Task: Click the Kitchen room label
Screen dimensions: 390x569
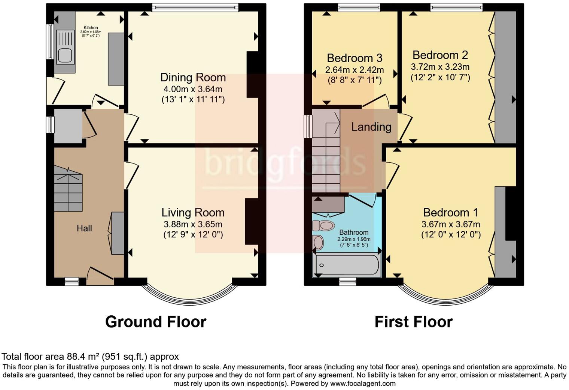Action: (91, 27)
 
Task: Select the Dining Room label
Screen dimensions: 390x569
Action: (193, 78)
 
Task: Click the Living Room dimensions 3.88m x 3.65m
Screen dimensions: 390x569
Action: (193, 224)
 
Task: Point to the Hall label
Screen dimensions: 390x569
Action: (84, 228)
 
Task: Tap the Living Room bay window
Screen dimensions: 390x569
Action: (190, 297)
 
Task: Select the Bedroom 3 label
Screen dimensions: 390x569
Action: (354, 58)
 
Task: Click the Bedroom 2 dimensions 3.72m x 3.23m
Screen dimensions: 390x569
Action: (440, 67)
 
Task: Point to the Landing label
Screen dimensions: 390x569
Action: (371, 127)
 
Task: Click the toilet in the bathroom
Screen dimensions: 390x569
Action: (323, 226)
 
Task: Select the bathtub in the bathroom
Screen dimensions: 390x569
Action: (347, 265)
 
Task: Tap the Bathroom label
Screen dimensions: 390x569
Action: (354, 232)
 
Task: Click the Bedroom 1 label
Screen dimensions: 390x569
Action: (450, 213)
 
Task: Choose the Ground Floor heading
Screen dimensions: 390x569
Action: (155, 322)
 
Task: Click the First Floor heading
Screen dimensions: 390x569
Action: (413, 322)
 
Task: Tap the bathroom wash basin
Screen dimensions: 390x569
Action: (319, 242)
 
